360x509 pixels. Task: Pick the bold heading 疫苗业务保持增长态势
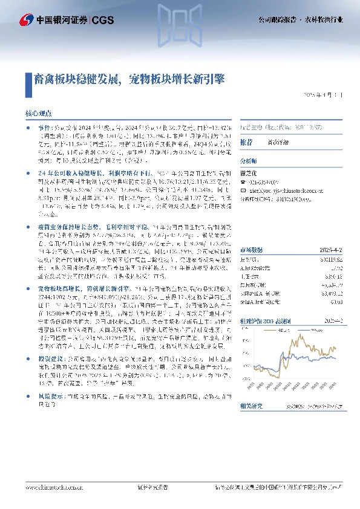pos(60,224)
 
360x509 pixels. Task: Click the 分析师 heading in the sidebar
pos(249,161)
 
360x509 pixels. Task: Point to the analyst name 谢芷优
pos(249,171)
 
